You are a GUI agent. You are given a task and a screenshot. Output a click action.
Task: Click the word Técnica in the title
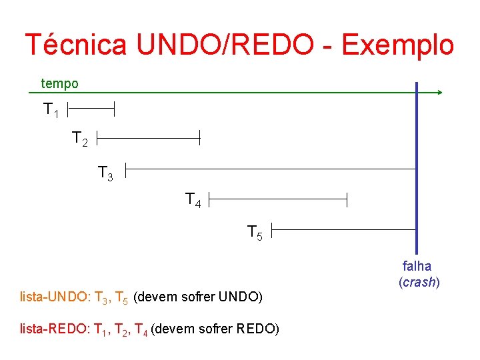(75, 45)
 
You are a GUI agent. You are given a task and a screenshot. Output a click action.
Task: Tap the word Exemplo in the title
(397, 45)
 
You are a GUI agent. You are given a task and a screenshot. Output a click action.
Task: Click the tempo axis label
(59, 84)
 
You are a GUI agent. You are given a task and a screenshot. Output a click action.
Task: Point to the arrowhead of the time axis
(439, 93)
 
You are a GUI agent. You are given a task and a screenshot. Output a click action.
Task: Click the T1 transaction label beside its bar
(51, 109)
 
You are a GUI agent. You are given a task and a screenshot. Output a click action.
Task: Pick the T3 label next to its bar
(105, 174)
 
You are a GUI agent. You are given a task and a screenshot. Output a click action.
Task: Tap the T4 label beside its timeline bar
(193, 199)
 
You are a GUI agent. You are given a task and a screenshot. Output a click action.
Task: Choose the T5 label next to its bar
(255, 233)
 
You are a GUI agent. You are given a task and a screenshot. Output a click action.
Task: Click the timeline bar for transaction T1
(91, 106)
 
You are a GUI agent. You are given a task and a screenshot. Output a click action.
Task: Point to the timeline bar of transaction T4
(279, 198)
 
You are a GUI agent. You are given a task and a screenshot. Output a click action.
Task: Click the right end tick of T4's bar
(347, 198)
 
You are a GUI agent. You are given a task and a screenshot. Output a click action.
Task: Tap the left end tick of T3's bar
(126, 169)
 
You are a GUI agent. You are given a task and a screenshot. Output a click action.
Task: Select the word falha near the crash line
(417, 267)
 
